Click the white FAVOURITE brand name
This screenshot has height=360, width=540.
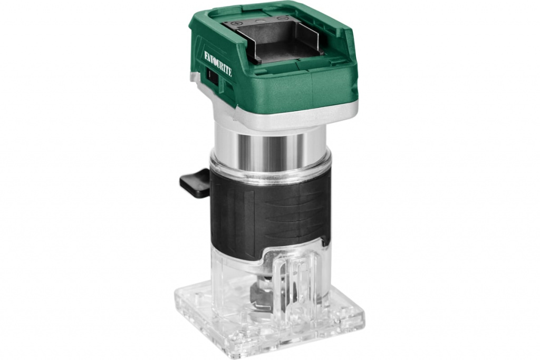(218, 64)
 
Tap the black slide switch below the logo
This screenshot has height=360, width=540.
(212, 76)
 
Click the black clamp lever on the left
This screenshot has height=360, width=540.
(195, 182)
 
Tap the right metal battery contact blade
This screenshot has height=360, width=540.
(311, 38)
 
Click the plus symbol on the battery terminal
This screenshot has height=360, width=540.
(237, 23)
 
